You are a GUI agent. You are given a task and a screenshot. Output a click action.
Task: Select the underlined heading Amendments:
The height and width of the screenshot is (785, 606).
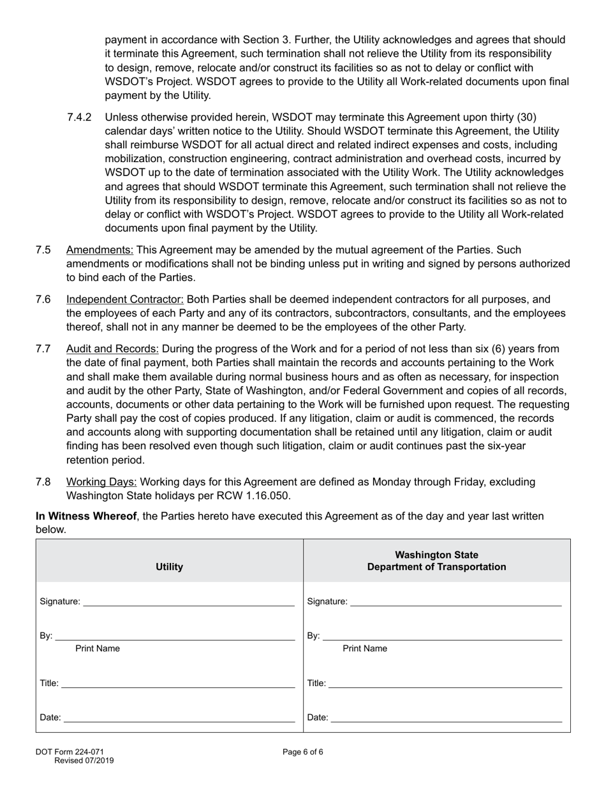coord(100,250)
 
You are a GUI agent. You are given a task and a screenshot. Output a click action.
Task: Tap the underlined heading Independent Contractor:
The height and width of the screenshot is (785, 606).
coord(125,299)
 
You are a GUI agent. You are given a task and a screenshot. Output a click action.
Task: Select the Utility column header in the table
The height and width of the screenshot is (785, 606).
coord(169,567)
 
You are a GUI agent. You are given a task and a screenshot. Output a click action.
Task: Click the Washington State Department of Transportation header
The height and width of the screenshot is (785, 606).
coord(436,561)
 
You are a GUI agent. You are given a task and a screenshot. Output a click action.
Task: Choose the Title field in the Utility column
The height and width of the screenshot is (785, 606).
coord(178,684)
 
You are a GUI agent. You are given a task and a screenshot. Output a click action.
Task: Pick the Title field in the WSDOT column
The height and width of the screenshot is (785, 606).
coord(445,684)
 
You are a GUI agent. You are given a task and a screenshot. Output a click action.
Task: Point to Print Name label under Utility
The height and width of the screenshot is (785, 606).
coord(98,649)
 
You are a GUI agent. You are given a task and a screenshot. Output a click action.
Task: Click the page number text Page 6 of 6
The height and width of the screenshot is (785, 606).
coord(303,752)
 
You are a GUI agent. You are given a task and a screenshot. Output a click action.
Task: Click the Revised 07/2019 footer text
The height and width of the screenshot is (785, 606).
coord(84,760)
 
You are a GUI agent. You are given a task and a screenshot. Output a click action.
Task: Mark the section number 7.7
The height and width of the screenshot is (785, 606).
coord(43,349)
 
